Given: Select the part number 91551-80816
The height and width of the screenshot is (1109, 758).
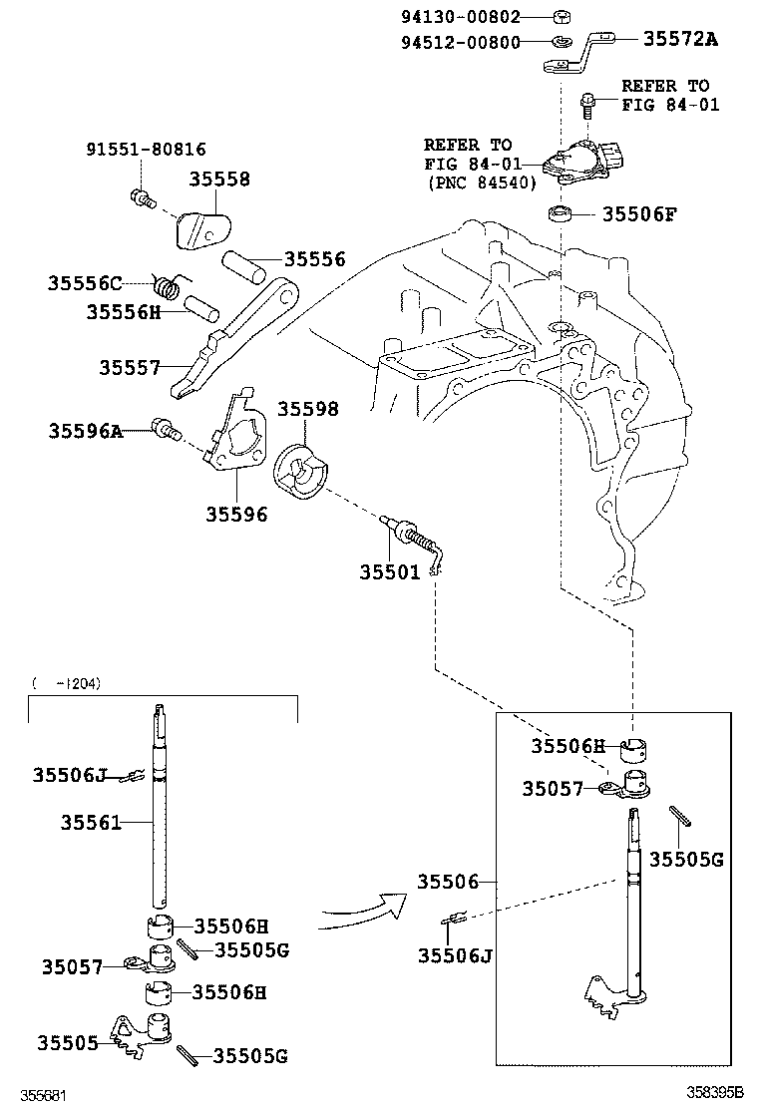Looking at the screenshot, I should (145, 150).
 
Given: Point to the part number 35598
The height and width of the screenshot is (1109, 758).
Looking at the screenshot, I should (307, 410).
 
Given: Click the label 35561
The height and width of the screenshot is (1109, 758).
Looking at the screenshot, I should (91, 823).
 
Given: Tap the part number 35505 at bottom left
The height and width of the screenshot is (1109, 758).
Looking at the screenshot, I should (68, 1043).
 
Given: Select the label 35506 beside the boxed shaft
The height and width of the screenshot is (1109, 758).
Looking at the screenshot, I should (448, 882).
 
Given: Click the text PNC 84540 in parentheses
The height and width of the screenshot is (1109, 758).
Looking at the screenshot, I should (483, 183).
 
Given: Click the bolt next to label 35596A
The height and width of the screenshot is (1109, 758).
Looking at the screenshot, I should (165, 431).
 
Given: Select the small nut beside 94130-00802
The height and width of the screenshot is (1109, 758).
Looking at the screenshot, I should (562, 16).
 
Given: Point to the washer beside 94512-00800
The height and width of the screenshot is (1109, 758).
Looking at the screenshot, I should (562, 42).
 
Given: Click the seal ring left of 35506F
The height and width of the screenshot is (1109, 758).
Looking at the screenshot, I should (561, 213).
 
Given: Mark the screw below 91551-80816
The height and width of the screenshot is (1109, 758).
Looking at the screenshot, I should (143, 197).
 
